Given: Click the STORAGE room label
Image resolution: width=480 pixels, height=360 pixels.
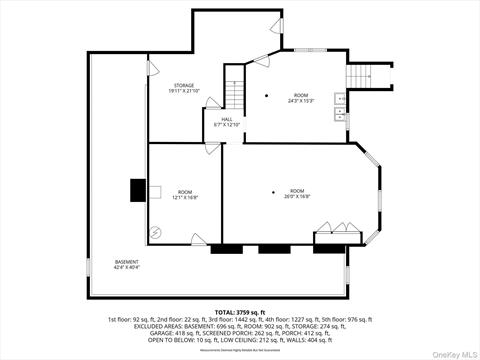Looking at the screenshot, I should (x=182, y=86).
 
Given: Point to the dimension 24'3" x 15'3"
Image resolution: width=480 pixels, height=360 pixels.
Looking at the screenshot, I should (x=302, y=101).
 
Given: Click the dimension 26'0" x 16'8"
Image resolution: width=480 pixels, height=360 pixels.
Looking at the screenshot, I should (x=297, y=196).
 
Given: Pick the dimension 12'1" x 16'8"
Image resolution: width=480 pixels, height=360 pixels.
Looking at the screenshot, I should (x=185, y=197).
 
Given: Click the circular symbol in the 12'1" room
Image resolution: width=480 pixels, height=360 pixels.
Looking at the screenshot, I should (x=155, y=231).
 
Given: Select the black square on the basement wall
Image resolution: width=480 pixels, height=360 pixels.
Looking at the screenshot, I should (x=138, y=190).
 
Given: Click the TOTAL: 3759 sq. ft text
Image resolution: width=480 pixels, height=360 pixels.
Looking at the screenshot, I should (x=240, y=313).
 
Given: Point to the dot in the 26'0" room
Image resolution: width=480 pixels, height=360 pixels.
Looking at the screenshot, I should (x=272, y=191).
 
